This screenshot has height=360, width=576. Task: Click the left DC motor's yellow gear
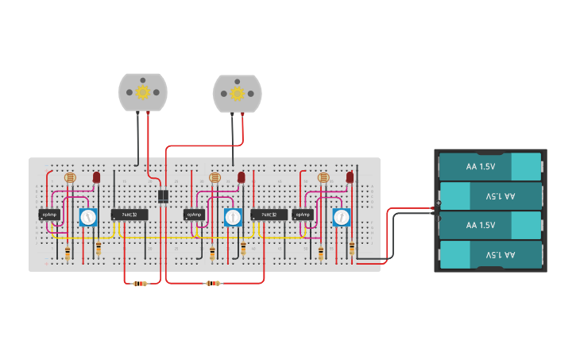pyautogui.click(x=143, y=91)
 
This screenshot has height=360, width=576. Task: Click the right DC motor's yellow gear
pyautogui.click(x=237, y=92)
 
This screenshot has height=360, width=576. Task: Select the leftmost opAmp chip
pyautogui.click(x=49, y=215)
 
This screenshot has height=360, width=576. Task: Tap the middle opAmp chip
pyautogui.click(x=194, y=215)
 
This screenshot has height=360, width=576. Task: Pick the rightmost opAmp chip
pyautogui.click(x=302, y=215)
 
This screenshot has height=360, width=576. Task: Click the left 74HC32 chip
pyautogui.click(x=129, y=215)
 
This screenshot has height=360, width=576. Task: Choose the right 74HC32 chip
pyautogui.click(x=269, y=215)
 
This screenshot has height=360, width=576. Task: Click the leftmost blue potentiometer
pyautogui.click(x=87, y=216)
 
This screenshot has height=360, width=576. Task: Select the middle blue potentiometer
pyautogui.click(x=232, y=216)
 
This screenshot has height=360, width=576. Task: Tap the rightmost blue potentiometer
pyautogui.click(x=341, y=216)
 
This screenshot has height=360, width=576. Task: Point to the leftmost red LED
pyautogui.click(x=96, y=177)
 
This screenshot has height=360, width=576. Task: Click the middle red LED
pyautogui.click(x=241, y=177)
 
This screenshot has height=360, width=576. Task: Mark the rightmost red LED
pyautogui.click(x=350, y=177)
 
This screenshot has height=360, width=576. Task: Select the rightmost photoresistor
pyautogui.click(x=323, y=178)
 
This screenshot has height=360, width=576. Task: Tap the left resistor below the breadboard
pyautogui.click(x=140, y=283)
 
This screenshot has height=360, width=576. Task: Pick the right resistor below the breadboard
pyautogui.click(x=212, y=283)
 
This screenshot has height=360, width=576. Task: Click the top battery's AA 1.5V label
pyautogui.click(x=481, y=167)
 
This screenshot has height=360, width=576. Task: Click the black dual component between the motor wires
pyautogui.click(x=162, y=196)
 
